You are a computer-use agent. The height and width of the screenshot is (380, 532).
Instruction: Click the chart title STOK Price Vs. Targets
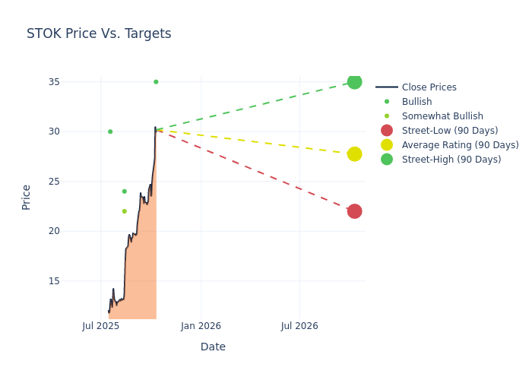point(99,33)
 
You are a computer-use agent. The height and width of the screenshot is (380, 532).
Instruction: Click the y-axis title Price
point(27,197)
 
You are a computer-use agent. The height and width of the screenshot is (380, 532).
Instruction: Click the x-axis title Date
point(213,347)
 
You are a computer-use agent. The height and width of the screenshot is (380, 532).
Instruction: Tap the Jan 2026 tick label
point(201,326)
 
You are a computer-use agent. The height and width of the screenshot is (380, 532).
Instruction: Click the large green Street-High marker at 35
point(354,82)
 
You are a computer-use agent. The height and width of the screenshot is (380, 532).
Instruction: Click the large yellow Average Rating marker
point(354,154)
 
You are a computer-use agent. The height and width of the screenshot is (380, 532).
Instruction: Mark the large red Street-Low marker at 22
point(354,211)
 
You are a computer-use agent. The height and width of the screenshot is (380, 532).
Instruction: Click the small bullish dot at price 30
point(110,131)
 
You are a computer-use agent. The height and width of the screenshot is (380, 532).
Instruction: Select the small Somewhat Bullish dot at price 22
point(125,211)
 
